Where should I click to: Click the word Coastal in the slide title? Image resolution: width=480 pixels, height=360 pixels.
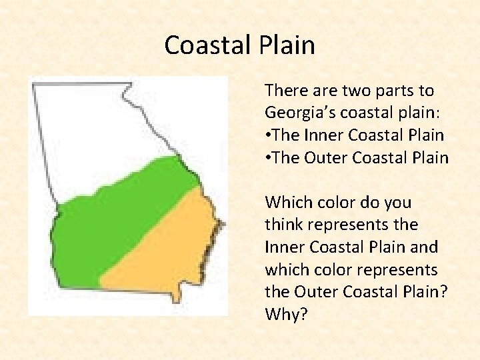(x=205, y=45)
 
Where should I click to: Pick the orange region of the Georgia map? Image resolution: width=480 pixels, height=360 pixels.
(x=167, y=247)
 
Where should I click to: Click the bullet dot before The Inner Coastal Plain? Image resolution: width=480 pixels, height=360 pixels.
(x=268, y=135)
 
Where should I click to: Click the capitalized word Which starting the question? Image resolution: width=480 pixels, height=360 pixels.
(x=285, y=201)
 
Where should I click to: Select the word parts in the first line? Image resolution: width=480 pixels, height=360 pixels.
(x=381, y=90)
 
